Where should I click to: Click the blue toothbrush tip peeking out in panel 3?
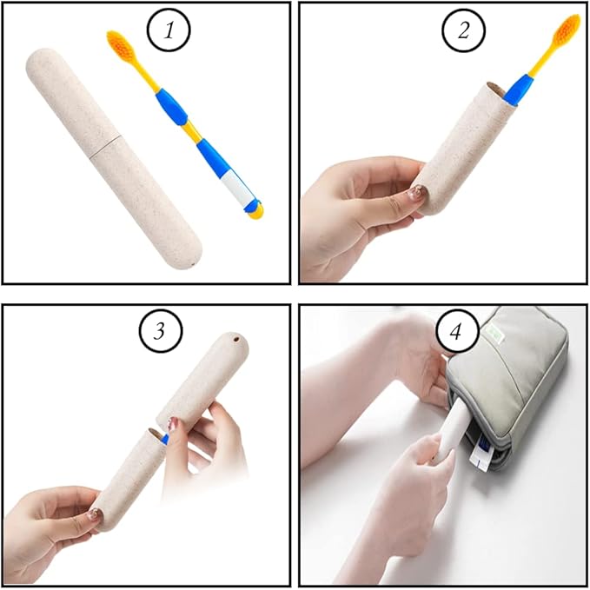coord(163,440)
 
